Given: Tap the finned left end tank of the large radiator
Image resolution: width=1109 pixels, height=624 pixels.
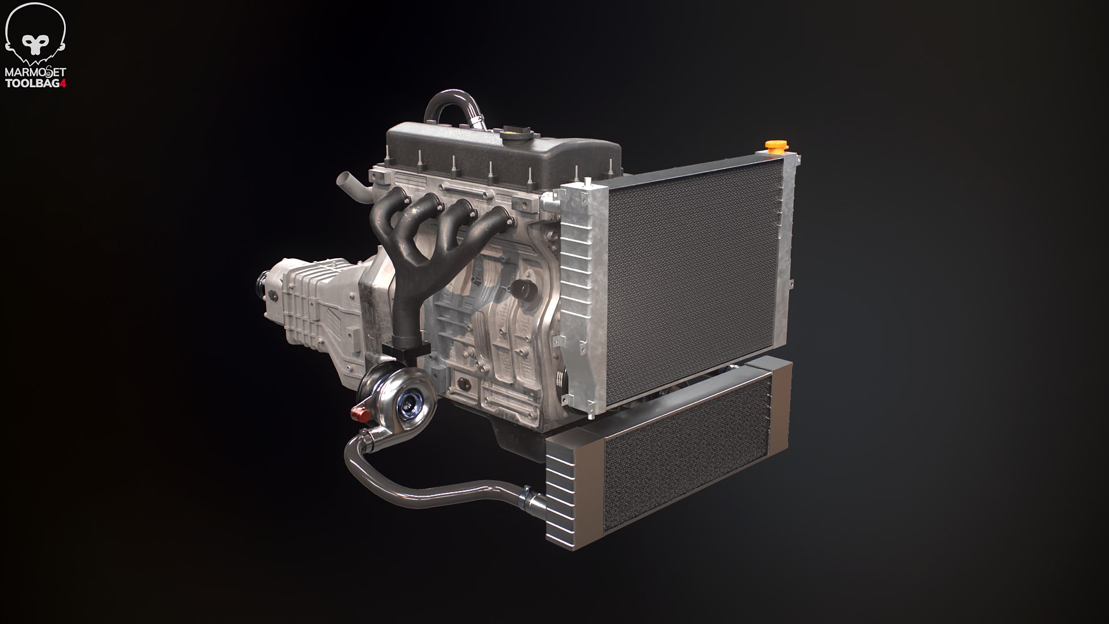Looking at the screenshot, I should pyautogui.click(x=578, y=295).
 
